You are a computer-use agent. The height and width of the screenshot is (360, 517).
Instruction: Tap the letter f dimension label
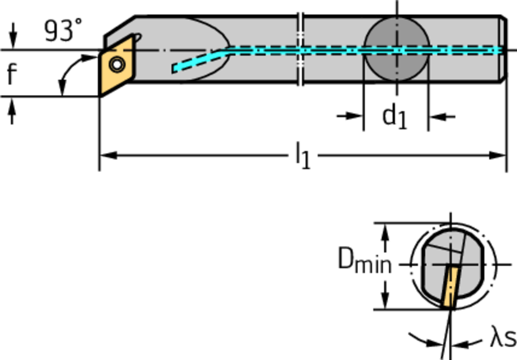(x=11, y=74)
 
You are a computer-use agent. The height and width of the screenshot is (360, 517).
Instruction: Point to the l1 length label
(x=303, y=156)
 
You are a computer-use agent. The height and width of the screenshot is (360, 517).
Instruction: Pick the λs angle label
(x=503, y=337)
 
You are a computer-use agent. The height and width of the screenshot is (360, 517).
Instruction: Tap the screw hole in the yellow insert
(x=117, y=64)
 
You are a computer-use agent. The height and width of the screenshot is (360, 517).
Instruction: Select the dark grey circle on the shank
(x=396, y=49)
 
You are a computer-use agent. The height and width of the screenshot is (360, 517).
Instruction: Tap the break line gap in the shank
(x=300, y=49)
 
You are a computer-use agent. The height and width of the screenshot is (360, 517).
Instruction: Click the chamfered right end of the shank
(x=503, y=49)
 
